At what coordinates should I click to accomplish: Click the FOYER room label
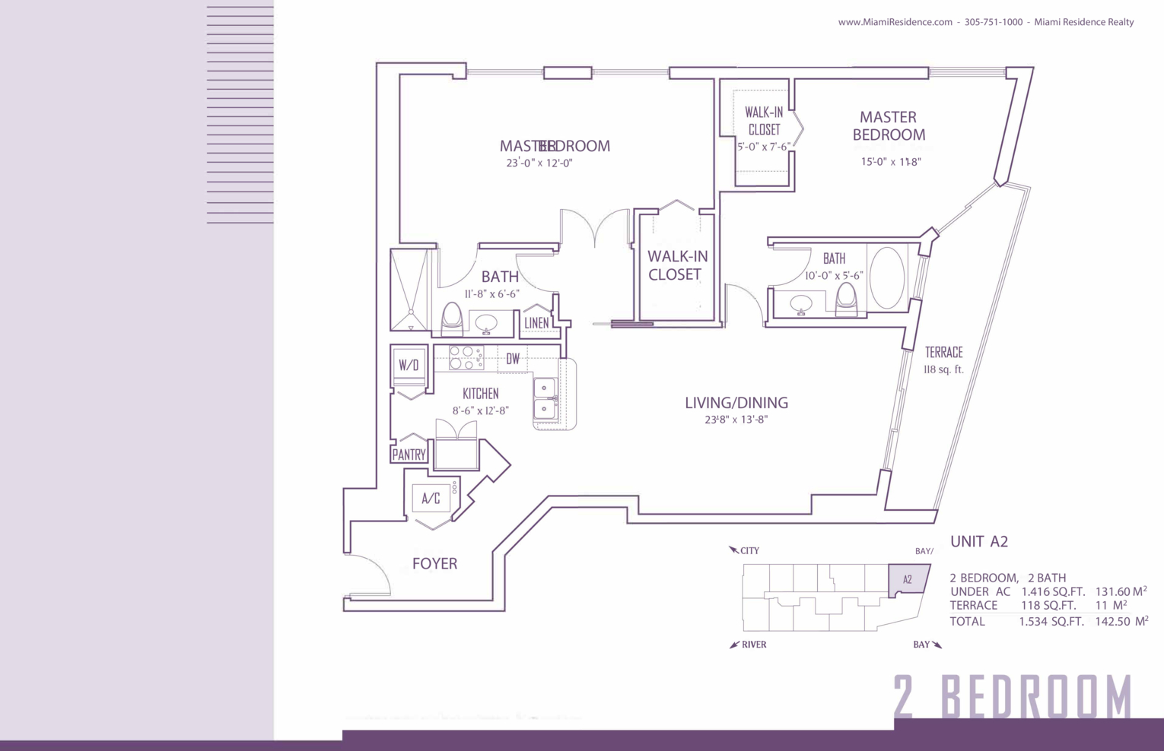[434, 563]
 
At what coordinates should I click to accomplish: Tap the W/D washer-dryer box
[409, 365]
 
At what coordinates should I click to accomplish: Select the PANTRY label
[409, 455]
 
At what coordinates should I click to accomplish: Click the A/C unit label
[431, 499]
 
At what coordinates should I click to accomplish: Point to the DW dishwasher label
[513, 359]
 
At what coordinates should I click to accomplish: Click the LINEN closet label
[536, 323]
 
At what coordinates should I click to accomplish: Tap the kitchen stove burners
[466, 358]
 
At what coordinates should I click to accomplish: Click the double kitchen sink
[545, 399]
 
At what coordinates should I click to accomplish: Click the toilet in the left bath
[452, 318]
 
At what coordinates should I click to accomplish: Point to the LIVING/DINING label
[736, 403]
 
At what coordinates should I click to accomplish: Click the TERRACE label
[943, 353]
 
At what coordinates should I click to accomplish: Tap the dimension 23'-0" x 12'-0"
[539, 163]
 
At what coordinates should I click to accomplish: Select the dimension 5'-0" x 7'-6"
[763, 147]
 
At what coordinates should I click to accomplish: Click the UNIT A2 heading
[978, 541]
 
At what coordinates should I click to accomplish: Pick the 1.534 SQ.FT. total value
[1051, 622]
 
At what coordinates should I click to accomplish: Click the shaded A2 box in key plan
[908, 579]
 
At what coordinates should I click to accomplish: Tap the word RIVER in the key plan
[753, 645]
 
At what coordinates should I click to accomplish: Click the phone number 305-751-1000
[993, 22]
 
